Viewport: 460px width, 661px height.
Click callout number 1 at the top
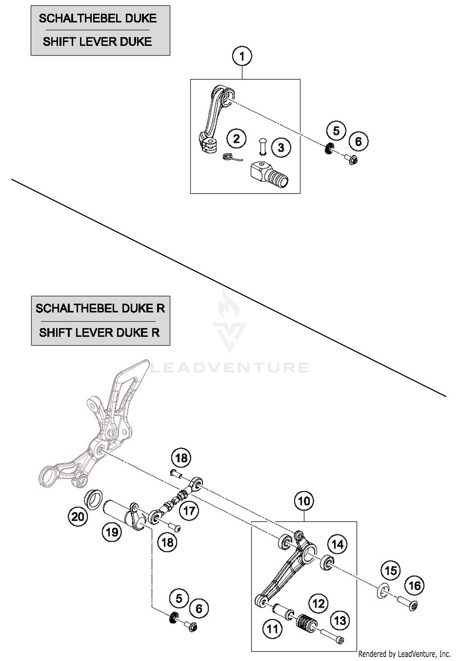tap(242, 56)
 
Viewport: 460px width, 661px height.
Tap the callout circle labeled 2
tap(236, 139)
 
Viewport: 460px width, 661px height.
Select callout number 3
tap(281, 148)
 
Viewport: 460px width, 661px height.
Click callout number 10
tap(304, 501)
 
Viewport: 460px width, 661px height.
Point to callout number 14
tap(338, 545)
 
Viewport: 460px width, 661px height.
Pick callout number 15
tap(390, 571)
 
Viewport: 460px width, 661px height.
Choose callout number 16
tap(414, 586)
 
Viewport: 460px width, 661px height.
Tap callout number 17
tap(189, 511)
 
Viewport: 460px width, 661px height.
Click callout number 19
tap(112, 532)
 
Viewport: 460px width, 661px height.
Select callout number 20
tap(78, 517)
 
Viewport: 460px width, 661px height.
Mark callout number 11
tap(272, 629)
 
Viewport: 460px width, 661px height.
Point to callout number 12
tap(318, 604)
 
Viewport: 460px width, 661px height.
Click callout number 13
tap(340, 621)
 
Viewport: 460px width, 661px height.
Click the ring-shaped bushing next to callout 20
tap(93, 500)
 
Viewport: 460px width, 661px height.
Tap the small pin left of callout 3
tap(263, 146)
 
